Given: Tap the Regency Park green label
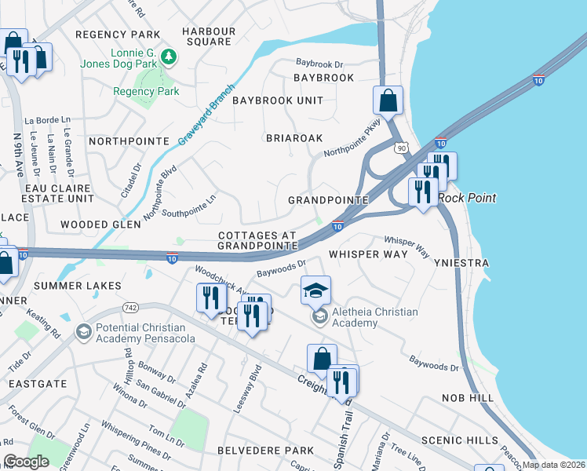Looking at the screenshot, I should (146, 92).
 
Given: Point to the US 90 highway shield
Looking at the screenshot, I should (401, 148).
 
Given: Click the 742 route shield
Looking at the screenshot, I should (130, 307).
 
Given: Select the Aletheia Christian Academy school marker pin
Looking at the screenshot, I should (315, 290).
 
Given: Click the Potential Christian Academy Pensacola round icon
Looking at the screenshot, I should (82, 333).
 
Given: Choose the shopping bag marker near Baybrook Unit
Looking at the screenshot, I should (388, 100).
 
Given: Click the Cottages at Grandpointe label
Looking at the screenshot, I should (257, 240).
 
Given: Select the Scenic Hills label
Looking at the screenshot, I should (459, 440).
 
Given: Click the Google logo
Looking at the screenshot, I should (26, 462).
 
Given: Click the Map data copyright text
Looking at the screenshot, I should (553, 465).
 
